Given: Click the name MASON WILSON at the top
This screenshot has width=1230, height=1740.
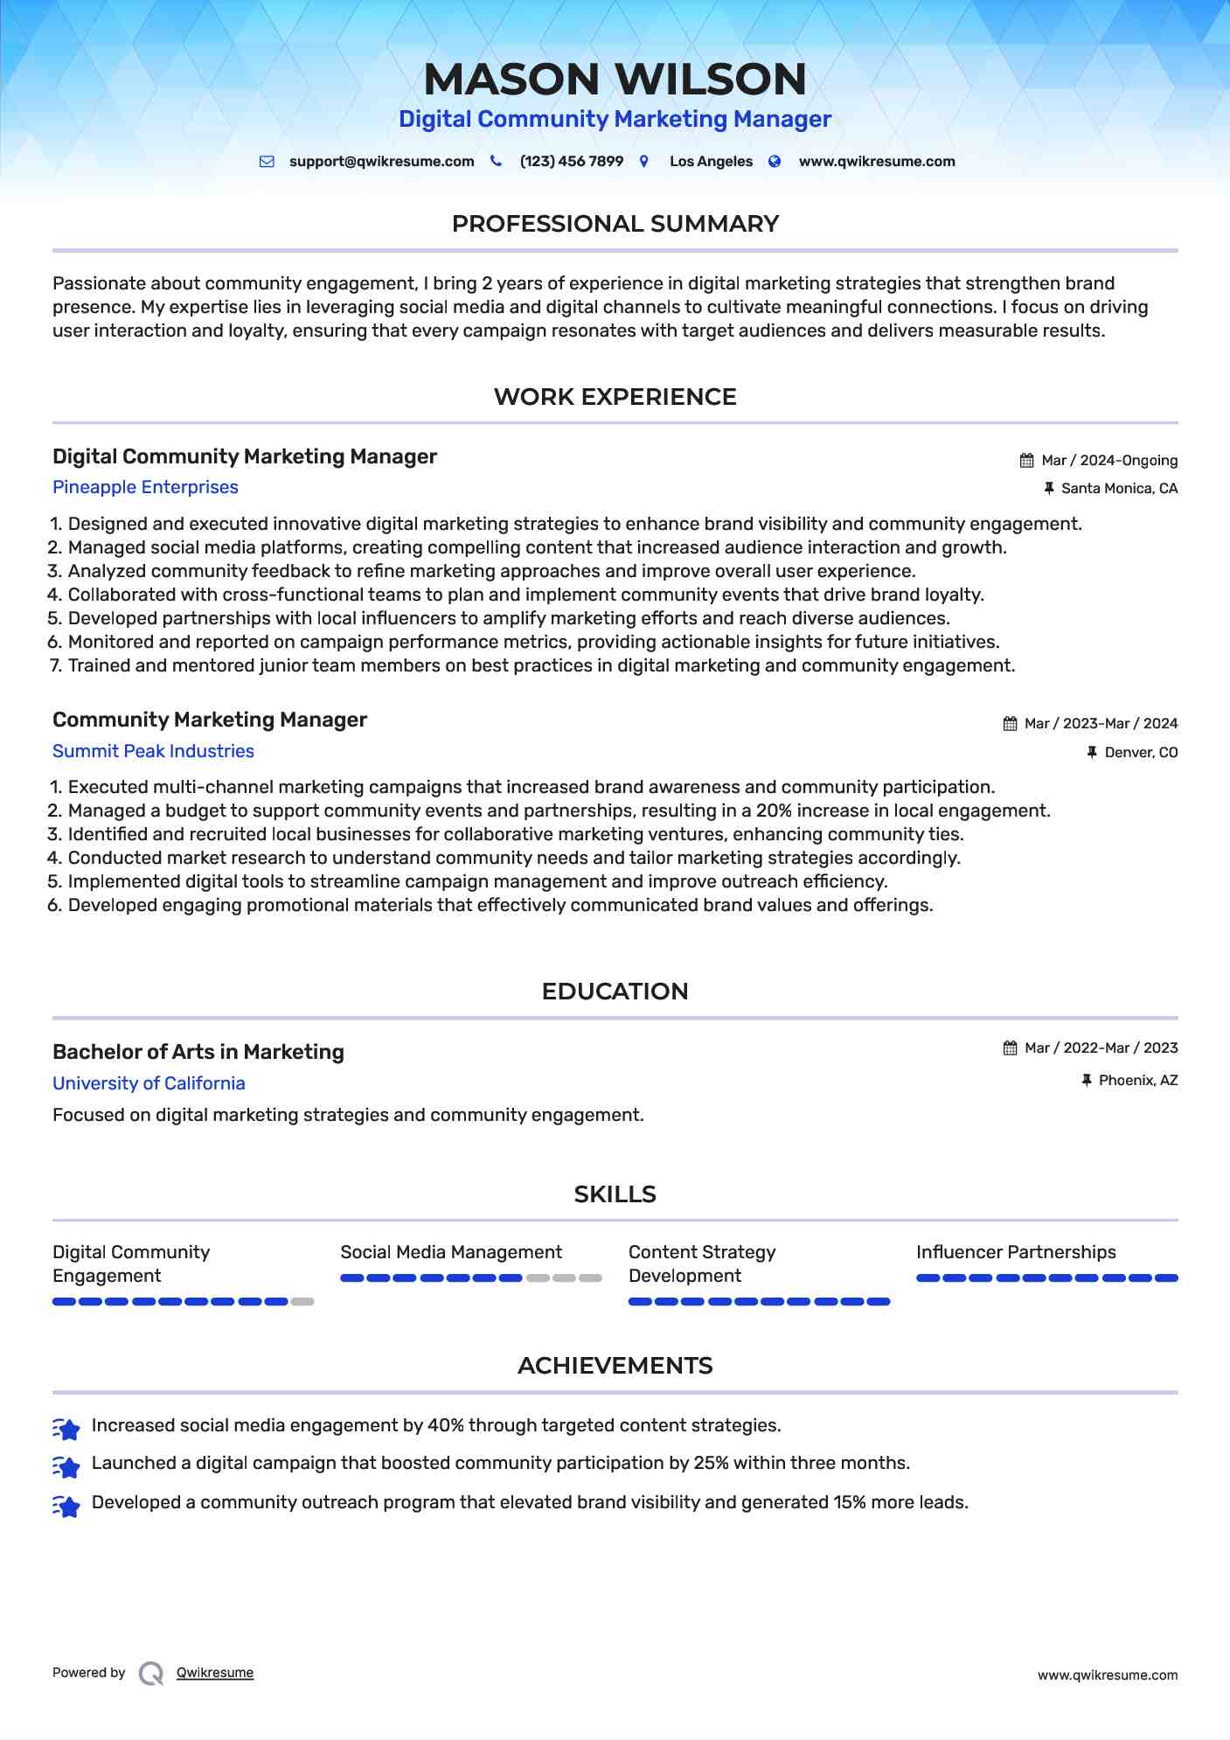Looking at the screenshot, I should pos(615,80).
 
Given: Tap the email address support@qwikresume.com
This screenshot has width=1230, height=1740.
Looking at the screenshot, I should pos(381,162).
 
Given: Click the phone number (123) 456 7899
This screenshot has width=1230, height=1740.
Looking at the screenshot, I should pos(571,162).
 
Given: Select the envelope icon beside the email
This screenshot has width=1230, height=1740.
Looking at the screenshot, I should pos(267,162).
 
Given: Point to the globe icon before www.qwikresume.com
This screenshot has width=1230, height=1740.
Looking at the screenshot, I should pos(775,162).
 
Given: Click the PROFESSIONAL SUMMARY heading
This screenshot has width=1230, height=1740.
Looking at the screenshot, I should pos(615,224).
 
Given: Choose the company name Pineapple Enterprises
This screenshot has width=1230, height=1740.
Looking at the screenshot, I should pos(145,487).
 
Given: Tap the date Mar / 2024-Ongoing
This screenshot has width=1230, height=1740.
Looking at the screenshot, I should pos(1109,461).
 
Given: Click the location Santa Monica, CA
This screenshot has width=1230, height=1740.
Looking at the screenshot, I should pos(1119,489).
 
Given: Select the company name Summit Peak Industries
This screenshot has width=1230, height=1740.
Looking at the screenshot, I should pos(153,751).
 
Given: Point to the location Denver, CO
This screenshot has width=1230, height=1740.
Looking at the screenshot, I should pos(1141,753).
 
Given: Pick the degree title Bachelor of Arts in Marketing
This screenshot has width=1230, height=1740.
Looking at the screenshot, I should pos(198,1052).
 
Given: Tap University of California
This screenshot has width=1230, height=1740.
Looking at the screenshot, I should pos(149,1083).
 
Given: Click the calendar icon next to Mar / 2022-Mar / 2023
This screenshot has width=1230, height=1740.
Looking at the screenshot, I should pos(1010,1048).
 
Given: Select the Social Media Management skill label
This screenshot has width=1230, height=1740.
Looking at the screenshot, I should pos(451,1252).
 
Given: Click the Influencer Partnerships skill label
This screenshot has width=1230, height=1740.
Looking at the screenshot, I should pos(1016,1252).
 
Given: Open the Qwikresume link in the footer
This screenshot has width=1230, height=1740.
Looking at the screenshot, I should pos(215,1673).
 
